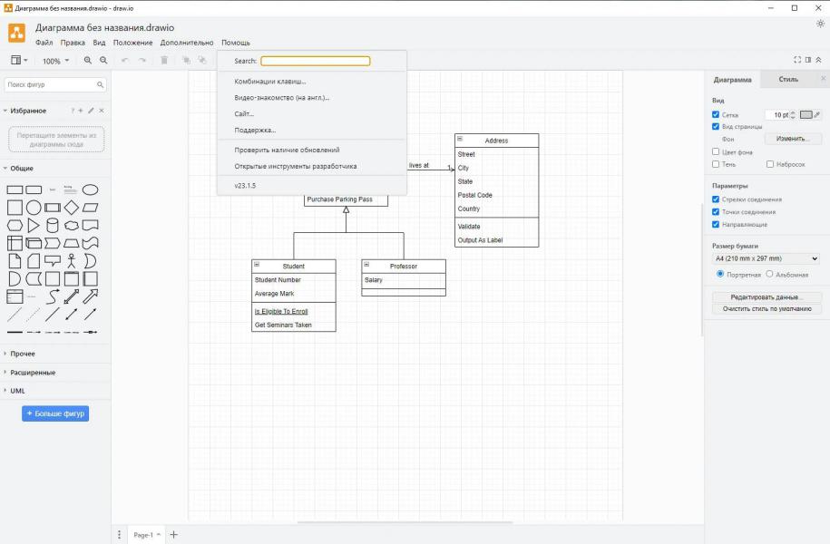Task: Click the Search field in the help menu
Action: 315,61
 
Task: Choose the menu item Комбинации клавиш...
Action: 270,82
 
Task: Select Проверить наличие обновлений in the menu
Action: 287,150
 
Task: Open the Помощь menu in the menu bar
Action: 236,43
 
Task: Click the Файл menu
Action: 44,43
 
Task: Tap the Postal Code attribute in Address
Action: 474,195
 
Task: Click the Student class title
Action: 293,267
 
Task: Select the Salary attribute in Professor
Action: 373,280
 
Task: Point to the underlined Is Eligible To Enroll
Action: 281,311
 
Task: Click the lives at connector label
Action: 419,165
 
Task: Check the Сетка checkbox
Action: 716,114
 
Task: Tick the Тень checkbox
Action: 716,164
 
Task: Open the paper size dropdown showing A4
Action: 767,258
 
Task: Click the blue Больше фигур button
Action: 55,413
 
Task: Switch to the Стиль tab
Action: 788,80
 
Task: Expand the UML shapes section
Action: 17,391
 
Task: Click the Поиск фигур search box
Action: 55,84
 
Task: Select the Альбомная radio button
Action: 769,274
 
